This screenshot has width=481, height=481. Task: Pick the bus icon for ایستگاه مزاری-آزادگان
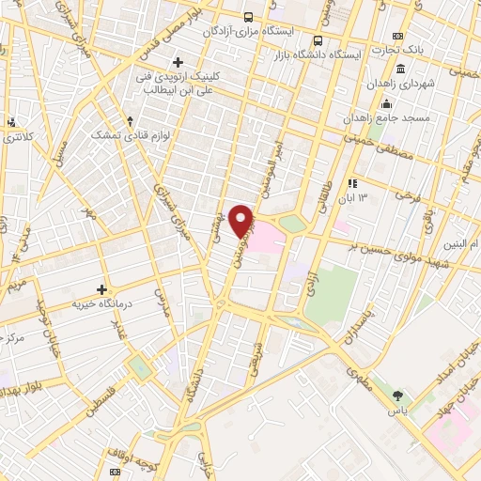(248, 18)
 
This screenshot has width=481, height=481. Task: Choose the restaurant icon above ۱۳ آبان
(351, 184)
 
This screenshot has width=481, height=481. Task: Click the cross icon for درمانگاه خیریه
(102, 288)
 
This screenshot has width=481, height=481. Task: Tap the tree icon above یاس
(398, 396)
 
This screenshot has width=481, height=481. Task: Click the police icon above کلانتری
(11, 121)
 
